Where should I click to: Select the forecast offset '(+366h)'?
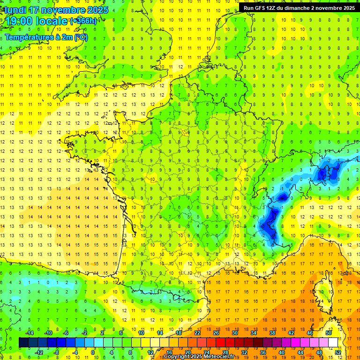(x=83, y=21)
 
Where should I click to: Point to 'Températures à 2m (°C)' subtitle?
(x=46, y=37)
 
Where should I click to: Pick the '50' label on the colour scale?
(x=329, y=333)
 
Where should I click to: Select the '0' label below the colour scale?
(x=93, y=352)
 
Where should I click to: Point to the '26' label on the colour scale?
(x=216, y=333)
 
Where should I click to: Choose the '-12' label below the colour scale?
(x=39, y=352)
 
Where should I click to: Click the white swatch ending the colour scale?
(x=333, y=342)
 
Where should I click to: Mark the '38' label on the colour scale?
(x=272, y=333)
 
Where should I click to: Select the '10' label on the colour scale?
(x=141, y=333)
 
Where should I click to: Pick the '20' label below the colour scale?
(x=187, y=352)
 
